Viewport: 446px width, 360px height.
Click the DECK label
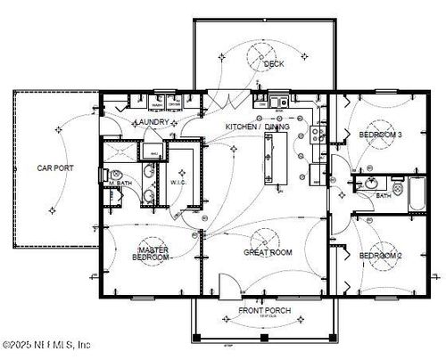tap(273, 64)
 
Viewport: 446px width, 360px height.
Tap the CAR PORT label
tap(54, 167)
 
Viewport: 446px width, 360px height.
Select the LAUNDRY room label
tap(151, 122)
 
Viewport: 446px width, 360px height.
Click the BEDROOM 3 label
tap(381, 135)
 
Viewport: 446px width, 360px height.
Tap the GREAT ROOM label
tap(268, 253)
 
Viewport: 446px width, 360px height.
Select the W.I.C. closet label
tap(177, 184)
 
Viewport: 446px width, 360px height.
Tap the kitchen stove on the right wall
tap(317, 136)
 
